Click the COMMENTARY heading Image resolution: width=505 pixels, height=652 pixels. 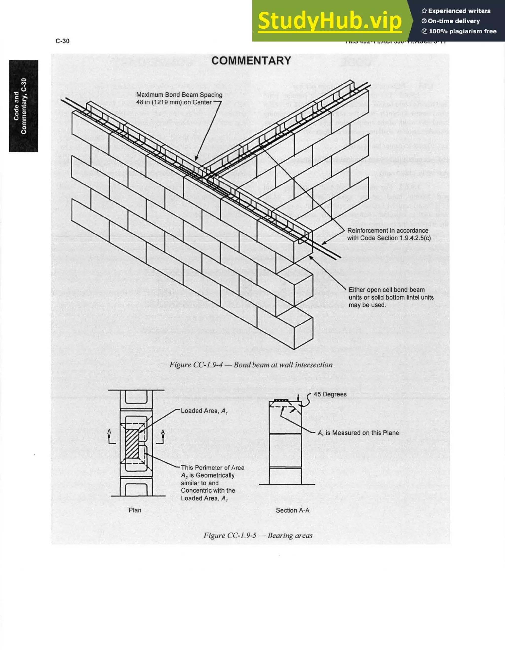pyautogui.click(x=251, y=61)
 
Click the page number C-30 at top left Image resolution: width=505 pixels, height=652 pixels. pyautogui.click(x=62, y=41)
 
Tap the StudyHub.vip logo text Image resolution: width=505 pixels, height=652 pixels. pyautogui.click(x=330, y=21)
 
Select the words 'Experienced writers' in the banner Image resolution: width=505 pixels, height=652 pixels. pyautogui.click(x=459, y=11)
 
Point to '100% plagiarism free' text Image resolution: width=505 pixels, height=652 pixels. pyautogui.click(x=462, y=31)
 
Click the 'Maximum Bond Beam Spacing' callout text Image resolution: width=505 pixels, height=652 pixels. pyautogui.click(x=179, y=95)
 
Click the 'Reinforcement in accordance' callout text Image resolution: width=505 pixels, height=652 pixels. pyautogui.click(x=388, y=231)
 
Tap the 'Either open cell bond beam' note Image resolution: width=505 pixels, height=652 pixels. pyautogui.click(x=386, y=290)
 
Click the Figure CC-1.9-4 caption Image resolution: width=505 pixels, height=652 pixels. pyautogui.click(x=251, y=365)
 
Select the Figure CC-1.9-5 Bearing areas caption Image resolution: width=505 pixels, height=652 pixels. pyautogui.click(x=258, y=535)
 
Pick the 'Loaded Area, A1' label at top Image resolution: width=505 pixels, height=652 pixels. pyautogui.click(x=204, y=411)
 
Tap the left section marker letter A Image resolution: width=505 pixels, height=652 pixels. pyautogui.click(x=109, y=431)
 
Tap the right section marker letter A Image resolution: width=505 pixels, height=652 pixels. pyautogui.click(x=162, y=431)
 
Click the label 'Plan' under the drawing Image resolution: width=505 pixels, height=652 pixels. pyautogui.click(x=135, y=510)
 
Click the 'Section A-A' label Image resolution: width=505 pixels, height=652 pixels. pyautogui.click(x=292, y=510)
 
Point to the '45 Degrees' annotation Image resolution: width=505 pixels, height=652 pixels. pyautogui.click(x=330, y=394)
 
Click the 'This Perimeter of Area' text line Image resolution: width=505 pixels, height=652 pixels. pyautogui.click(x=213, y=468)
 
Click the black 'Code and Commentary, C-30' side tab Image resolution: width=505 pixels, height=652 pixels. pyautogui.click(x=24, y=106)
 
